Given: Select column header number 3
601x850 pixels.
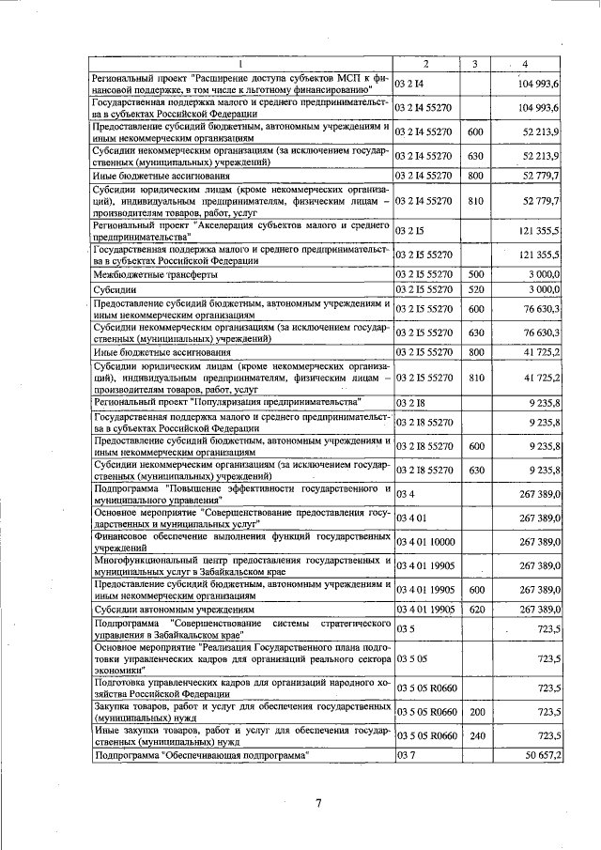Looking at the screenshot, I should pyautogui.click(x=475, y=64).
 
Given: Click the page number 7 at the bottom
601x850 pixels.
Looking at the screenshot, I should pyautogui.click(x=318, y=801).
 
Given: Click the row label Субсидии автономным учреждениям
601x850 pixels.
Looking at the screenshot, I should pyautogui.click(x=177, y=610).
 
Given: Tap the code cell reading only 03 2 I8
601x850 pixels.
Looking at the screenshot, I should pyautogui.click(x=410, y=402).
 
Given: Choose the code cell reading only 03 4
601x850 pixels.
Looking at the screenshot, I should pyautogui.click(x=406, y=493).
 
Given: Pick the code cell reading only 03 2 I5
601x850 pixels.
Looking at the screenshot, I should pyautogui.click(x=410, y=231).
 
